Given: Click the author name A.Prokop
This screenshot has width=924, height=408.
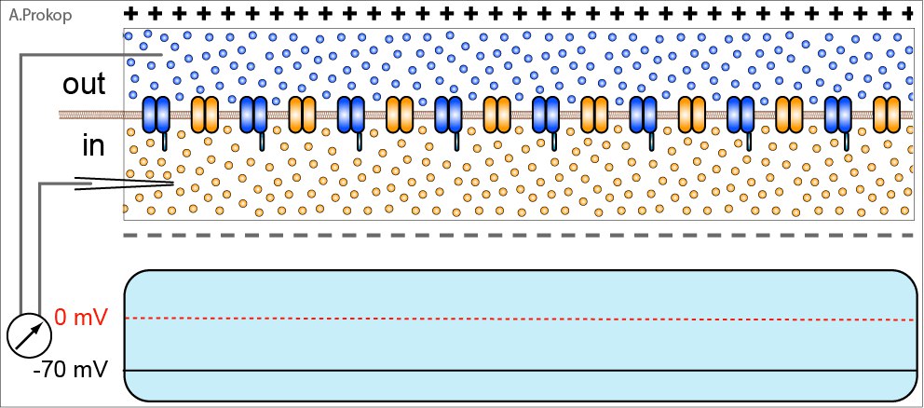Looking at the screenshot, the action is [41, 15].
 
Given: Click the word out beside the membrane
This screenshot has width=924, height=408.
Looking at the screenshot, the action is [84, 84].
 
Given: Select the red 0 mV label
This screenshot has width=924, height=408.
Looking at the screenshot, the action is [81, 319].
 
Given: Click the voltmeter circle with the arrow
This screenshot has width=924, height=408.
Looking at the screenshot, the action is [30, 336].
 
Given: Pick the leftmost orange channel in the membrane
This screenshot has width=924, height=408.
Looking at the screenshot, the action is [205, 115].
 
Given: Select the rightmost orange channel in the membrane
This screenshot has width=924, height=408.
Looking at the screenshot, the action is [887, 115].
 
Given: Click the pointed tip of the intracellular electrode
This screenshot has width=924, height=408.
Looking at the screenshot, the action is [174, 184].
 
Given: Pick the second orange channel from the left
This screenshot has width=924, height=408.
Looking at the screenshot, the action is [303, 115].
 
